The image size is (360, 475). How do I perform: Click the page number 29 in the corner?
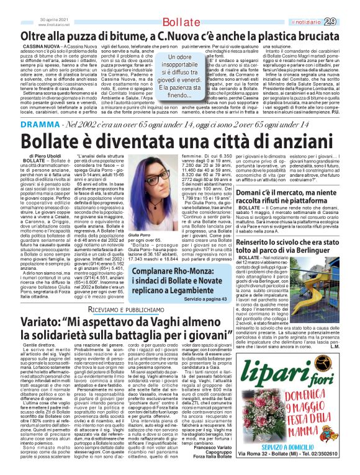(x=347, y=21)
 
